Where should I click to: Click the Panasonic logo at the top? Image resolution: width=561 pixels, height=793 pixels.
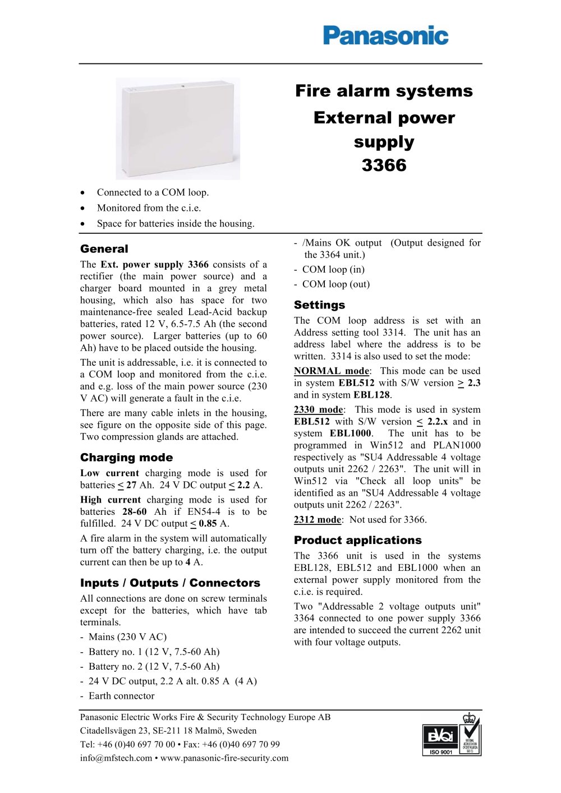point(385,35)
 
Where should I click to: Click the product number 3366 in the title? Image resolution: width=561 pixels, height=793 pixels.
point(384,165)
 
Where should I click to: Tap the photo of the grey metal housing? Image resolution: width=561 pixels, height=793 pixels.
point(178,128)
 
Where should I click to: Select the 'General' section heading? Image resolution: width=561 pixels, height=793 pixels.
point(104,249)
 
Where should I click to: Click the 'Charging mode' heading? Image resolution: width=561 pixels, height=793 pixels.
point(126,458)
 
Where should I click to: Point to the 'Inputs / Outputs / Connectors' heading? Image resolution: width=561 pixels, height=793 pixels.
point(170,583)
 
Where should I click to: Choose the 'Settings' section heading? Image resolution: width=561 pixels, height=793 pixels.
point(319,305)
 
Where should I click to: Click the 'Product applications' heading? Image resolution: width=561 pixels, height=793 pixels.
point(357,541)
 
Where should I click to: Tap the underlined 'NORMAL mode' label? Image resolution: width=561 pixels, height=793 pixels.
point(332,371)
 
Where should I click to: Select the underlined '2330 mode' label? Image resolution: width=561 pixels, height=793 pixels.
point(318,410)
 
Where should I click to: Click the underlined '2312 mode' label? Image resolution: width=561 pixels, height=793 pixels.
point(318,520)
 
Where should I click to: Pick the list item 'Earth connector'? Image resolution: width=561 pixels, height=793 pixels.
point(121,696)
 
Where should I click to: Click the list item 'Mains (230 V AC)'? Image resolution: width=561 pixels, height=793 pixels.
point(127,637)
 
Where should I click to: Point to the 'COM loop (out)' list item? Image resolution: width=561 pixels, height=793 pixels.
point(335,284)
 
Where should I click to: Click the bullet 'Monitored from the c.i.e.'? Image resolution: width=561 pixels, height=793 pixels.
point(149,208)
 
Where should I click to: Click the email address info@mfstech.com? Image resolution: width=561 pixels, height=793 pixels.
point(116,758)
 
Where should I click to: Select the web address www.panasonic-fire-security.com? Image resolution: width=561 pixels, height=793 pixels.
point(224,758)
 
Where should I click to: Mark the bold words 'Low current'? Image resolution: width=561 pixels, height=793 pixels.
point(110,473)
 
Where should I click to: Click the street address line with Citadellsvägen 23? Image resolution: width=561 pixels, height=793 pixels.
point(168,731)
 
